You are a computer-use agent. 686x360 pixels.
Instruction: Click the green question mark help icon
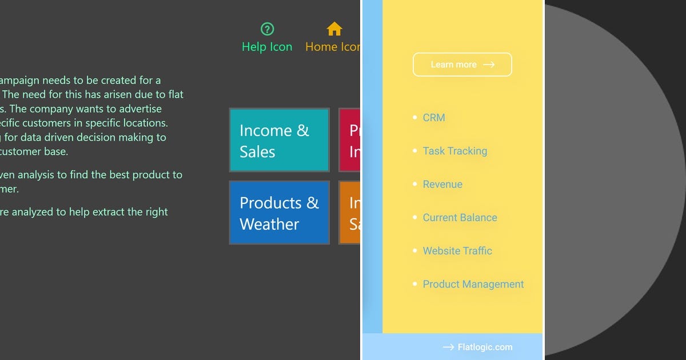(267, 29)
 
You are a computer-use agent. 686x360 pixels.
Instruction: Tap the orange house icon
(334, 29)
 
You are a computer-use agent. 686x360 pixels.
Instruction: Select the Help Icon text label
(267, 47)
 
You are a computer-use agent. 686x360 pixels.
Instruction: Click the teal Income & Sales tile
(279, 140)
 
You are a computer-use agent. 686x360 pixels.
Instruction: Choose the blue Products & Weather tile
(279, 213)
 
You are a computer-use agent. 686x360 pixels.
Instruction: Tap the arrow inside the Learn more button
(489, 65)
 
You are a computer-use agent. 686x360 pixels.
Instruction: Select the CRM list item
(434, 118)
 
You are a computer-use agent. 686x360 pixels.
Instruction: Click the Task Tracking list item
(455, 151)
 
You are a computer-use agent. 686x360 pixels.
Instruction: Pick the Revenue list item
(442, 184)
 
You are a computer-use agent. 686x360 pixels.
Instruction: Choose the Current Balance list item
(460, 217)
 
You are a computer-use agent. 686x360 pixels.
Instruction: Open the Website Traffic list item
(457, 250)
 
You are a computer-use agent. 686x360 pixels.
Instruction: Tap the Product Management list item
(473, 284)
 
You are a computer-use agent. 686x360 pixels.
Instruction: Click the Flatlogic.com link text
(485, 347)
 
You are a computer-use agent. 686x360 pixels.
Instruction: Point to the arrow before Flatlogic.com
(448, 347)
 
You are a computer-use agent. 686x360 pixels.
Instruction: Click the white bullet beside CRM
(415, 118)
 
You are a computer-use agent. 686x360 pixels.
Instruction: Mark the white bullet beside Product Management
(415, 284)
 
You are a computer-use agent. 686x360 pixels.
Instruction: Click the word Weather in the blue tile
(269, 224)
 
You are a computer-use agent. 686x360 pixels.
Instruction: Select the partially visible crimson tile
(350, 140)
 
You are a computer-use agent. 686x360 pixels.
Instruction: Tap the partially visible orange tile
(350, 213)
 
